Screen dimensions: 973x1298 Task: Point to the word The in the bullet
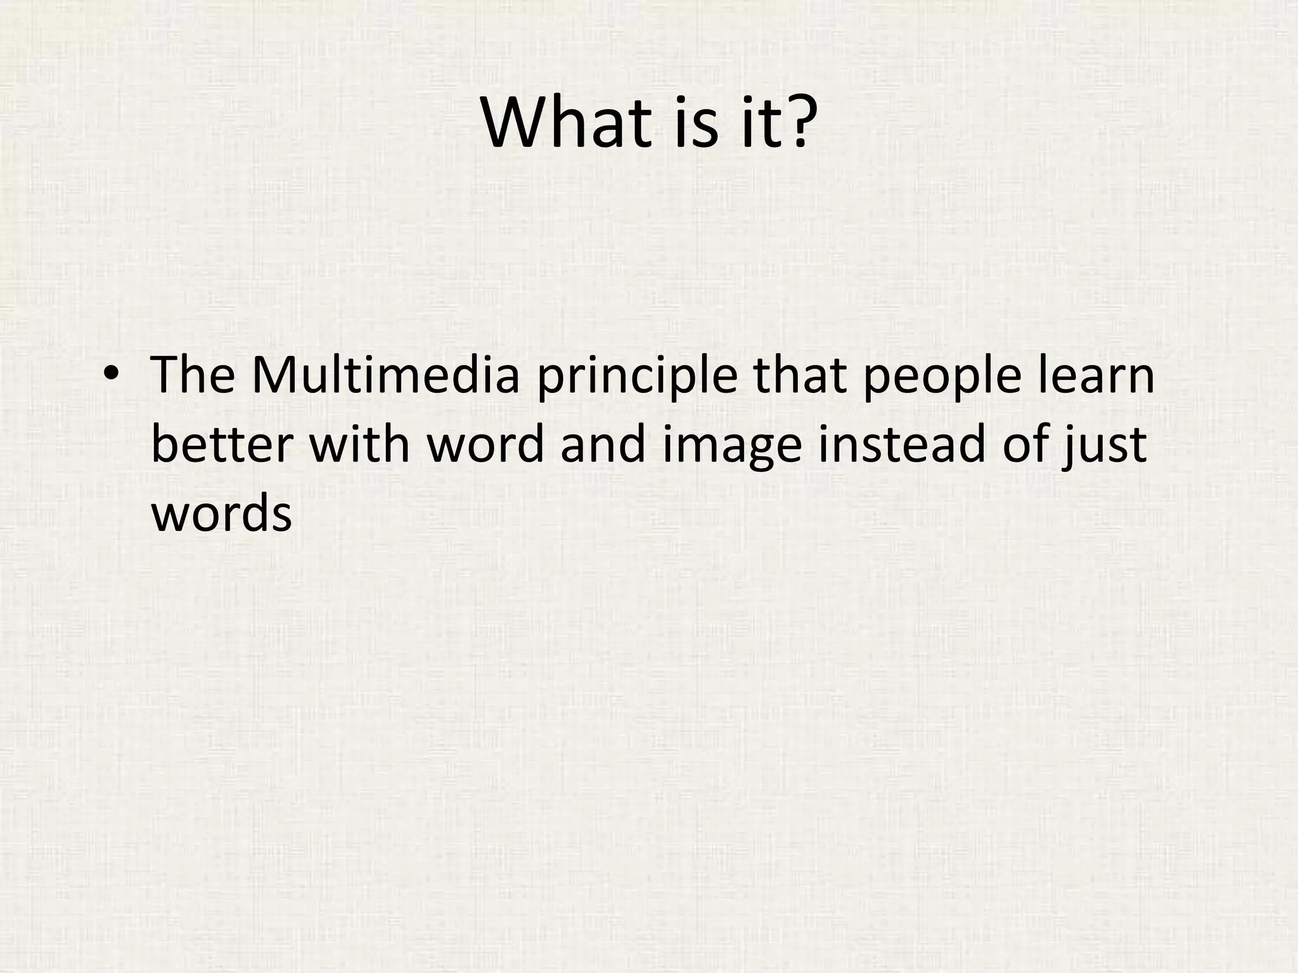pyautogui.click(x=193, y=376)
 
